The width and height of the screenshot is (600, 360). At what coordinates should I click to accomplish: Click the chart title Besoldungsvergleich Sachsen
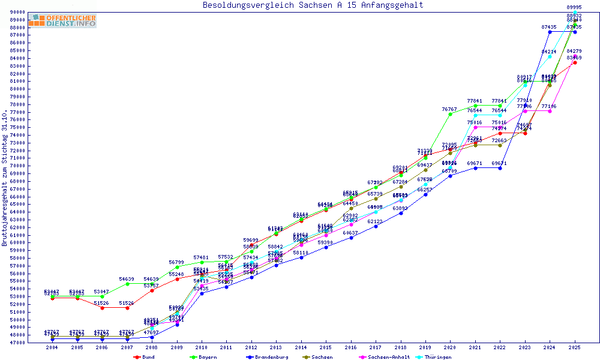pyautogui.click(x=313, y=5)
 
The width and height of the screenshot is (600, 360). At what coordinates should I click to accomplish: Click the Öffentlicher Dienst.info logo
pyautogui.click(x=62, y=20)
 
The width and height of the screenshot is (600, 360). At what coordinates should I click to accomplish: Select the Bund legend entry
pyautogui.click(x=148, y=357)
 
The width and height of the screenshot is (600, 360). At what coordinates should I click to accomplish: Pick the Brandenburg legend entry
pyautogui.click(x=268, y=357)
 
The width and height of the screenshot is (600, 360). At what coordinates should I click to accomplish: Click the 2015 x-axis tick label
pyautogui.click(x=326, y=348)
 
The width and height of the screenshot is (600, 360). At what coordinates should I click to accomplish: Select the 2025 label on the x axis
pyautogui.click(x=575, y=348)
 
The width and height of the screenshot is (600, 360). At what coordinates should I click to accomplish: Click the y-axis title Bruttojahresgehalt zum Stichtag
pyautogui.click(x=5, y=178)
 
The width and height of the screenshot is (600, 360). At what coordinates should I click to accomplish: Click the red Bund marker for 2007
pyautogui.click(x=127, y=308)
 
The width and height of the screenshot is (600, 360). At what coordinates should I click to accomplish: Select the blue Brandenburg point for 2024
pyautogui.click(x=550, y=32)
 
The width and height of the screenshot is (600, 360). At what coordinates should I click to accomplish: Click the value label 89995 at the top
pyautogui.click(x=574, y=7)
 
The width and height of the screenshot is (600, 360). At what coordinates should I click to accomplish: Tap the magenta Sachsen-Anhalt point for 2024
pyautogui.click(x=550, y=111)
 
